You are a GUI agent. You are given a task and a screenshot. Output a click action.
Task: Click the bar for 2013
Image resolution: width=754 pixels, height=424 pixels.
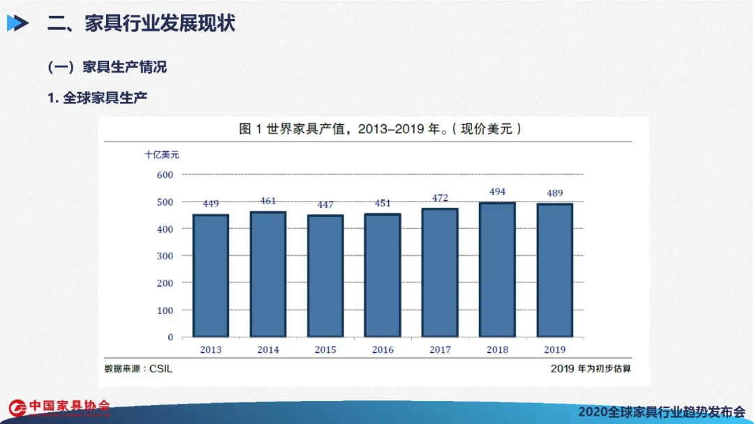[211, 275]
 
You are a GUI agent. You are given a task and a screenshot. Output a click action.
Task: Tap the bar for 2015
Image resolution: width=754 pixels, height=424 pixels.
[325, 275]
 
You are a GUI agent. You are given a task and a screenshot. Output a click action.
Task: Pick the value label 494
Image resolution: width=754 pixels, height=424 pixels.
[497, 192]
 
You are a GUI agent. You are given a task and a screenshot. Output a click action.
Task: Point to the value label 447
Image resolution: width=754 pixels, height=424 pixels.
[325, 204]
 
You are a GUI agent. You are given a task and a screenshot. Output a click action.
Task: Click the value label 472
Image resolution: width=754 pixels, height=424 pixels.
[440, 198]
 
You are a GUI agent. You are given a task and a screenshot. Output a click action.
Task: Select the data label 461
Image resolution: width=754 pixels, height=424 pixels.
[268, 201]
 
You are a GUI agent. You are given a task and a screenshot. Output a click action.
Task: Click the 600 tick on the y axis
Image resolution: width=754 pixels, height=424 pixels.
[165, 174]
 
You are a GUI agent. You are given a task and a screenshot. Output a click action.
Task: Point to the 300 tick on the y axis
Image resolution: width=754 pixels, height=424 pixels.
[165, 256]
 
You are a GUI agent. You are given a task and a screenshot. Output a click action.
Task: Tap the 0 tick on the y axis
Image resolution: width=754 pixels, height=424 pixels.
[170, 337]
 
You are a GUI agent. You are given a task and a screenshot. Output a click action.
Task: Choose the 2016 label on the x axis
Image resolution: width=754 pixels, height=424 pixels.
[383, 350]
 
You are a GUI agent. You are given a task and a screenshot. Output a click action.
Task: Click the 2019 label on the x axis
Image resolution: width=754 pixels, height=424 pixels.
[554, 350]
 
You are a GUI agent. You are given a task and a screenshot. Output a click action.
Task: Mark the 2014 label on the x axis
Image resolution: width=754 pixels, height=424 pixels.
[268, 350]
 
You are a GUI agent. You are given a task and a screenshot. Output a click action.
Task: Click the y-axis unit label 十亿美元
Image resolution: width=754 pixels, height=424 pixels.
[162, 154]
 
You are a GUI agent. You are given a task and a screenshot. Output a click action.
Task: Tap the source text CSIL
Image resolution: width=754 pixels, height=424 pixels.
[161, 368]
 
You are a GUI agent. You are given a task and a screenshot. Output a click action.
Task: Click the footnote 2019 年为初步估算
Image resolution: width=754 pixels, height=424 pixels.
[591, 368]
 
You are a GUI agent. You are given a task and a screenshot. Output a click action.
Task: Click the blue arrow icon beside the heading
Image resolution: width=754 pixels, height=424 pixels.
[17, 24]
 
